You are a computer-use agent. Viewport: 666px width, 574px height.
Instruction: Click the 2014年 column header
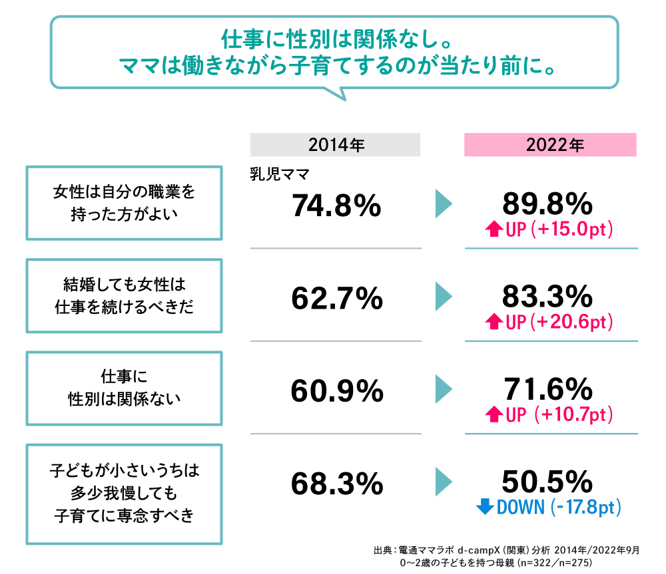point(336,145)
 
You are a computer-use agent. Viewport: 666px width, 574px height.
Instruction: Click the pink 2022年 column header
point(550,145)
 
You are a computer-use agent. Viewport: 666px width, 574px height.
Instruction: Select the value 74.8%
point(336,207)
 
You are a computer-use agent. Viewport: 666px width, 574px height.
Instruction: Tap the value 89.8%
point(547,203)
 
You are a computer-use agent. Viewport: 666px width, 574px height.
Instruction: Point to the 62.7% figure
point(337,299)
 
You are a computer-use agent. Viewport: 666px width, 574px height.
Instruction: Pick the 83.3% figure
point(547,295)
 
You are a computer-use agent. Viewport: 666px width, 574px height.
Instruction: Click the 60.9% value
point(337,391)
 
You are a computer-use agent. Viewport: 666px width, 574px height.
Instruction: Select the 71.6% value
point(547,388)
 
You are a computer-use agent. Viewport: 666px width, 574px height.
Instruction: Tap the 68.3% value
point(337,484)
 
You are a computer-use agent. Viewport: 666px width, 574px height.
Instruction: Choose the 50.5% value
point(547,480)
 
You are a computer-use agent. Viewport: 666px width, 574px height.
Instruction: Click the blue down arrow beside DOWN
point(485,507)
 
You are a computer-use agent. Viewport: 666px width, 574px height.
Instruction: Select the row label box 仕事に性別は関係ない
point(123,388)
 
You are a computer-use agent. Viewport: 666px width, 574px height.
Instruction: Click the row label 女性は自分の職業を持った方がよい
point(123,203)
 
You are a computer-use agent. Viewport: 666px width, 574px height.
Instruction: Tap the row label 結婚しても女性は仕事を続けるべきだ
point(123,295)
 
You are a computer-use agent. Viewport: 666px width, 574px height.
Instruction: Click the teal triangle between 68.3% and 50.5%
point(442,482)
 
